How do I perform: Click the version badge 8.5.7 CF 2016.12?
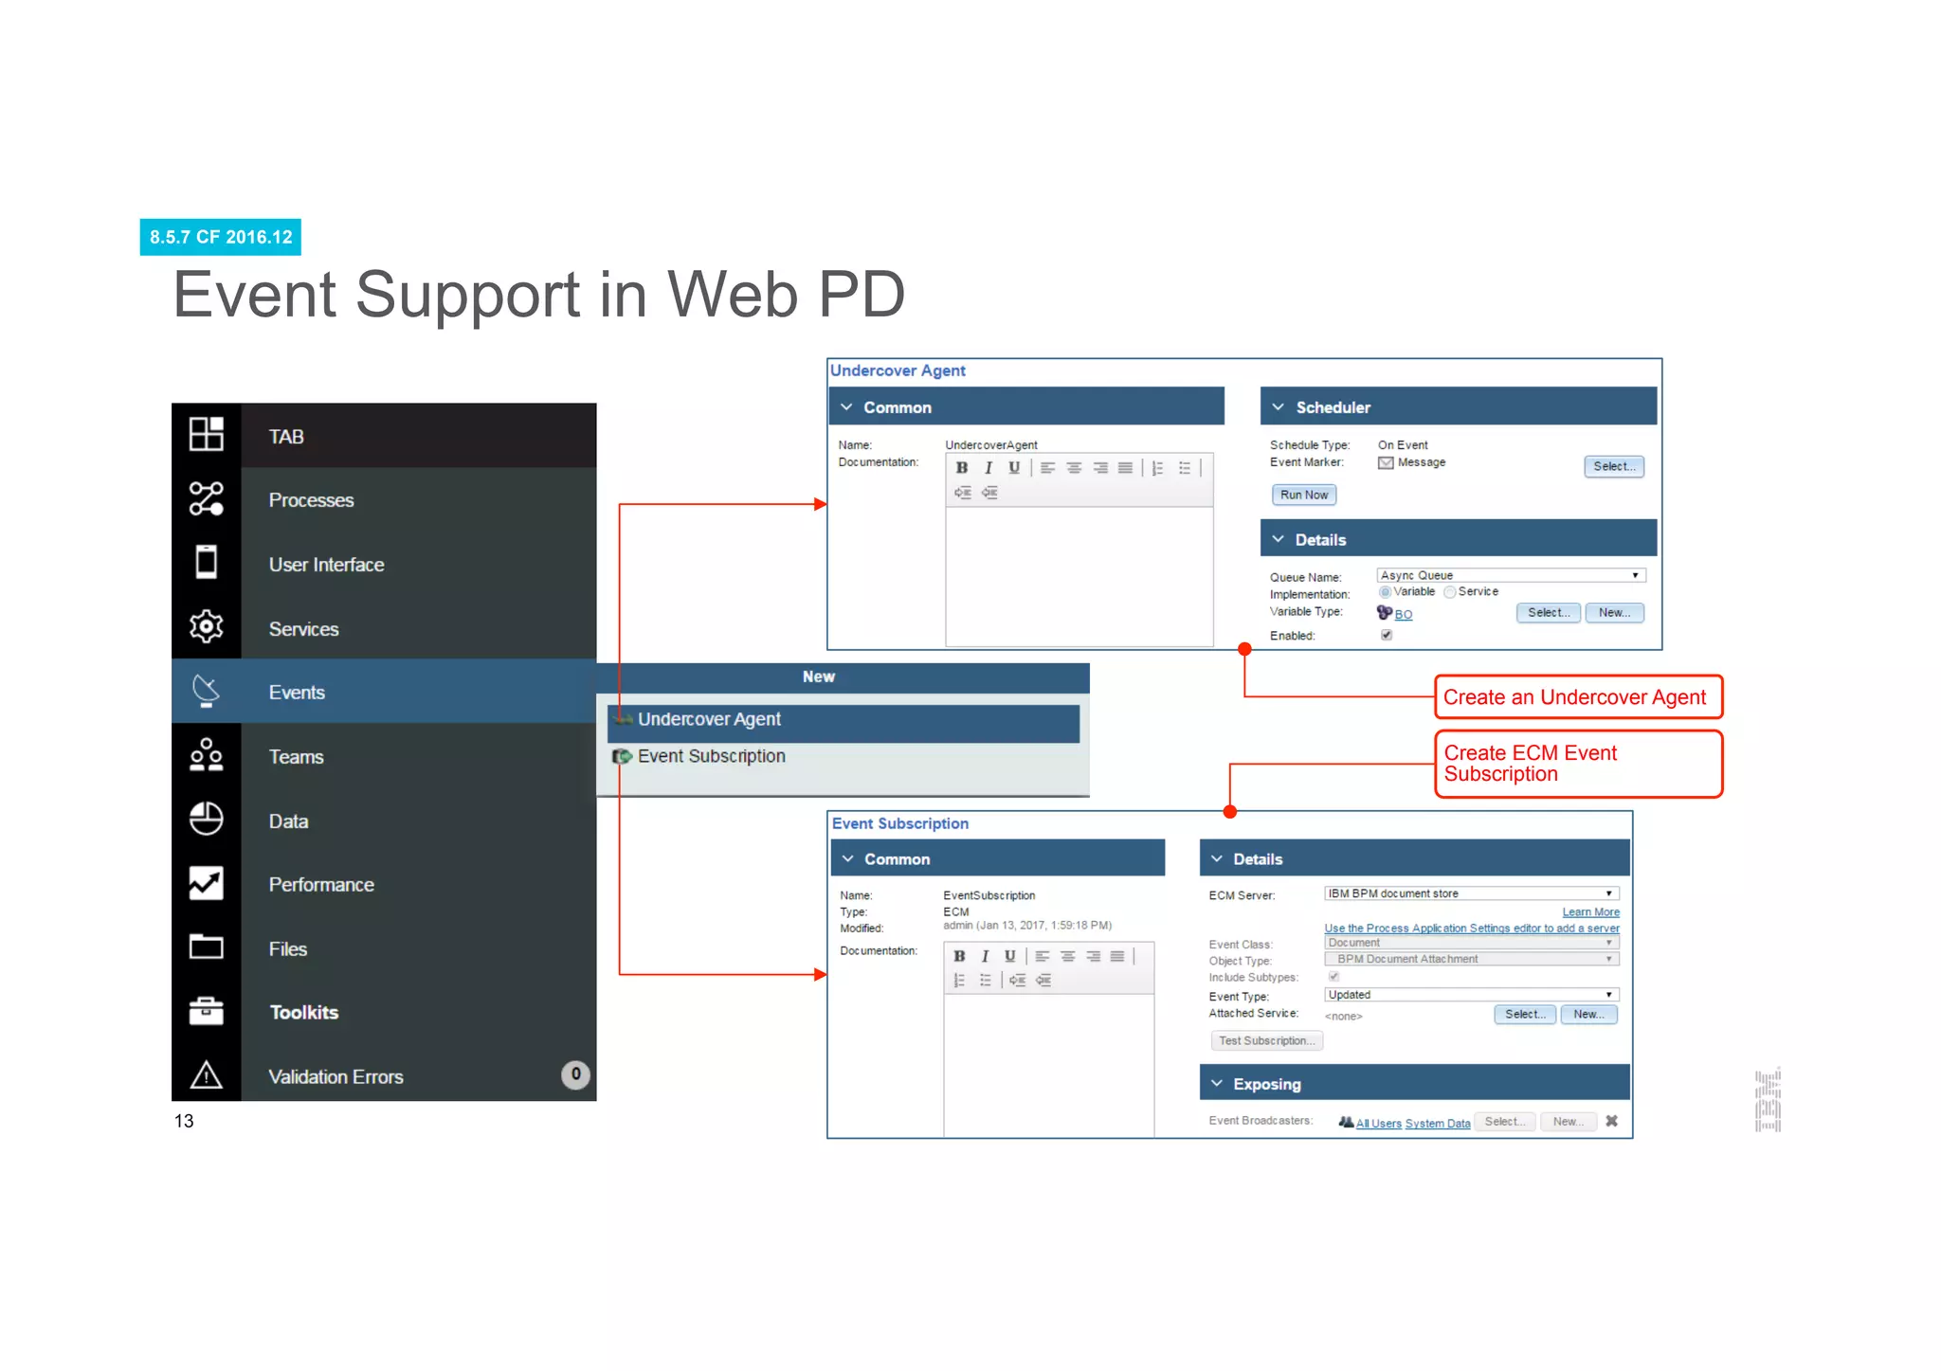(x=220, y=237)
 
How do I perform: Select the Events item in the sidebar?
(x=297, y=693)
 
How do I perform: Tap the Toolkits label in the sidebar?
(x=303, y=1012)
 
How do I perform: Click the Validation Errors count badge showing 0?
(x=575, y=1074)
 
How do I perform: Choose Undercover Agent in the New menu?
(x=709, y=720)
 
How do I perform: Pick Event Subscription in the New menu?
(x=711, y=756)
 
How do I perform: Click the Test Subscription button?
(x=1266, y=1040)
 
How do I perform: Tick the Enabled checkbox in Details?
(x=1387, y=635)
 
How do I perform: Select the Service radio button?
(x=1450, y=592)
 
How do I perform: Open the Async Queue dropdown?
(x=1511, y=575)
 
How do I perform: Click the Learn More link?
(x=1590, y=911)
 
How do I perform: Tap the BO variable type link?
(x=1404, y=615)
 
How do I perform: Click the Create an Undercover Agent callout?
(x=1577, y=697)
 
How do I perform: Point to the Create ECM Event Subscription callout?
(x=1577, y=764)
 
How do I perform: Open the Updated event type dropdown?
(x=1471, y=995)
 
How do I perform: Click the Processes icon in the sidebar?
(x=206, y=499)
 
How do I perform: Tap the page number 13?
(x=184, y=1121)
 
